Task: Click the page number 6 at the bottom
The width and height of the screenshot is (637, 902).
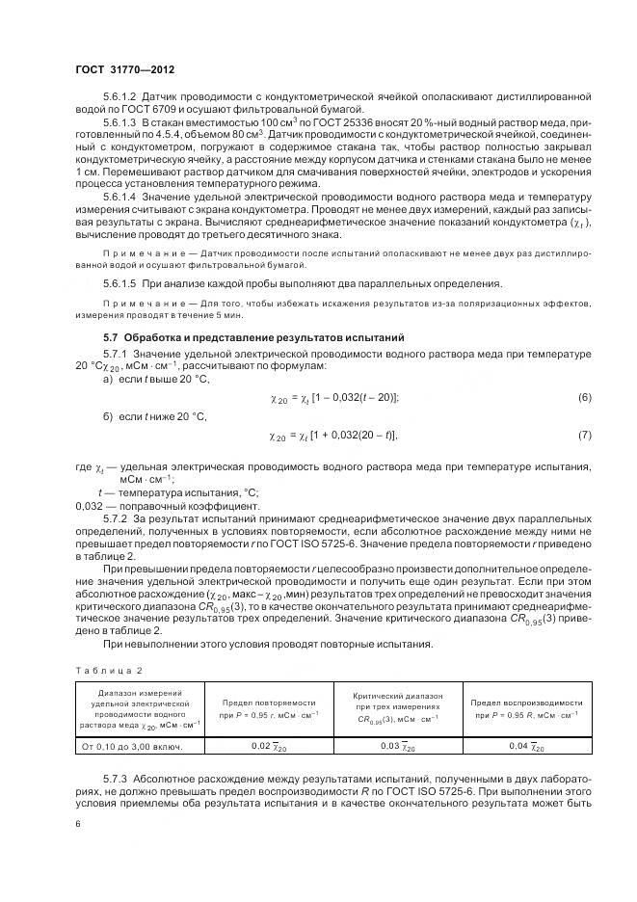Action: (x=77, y=824)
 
